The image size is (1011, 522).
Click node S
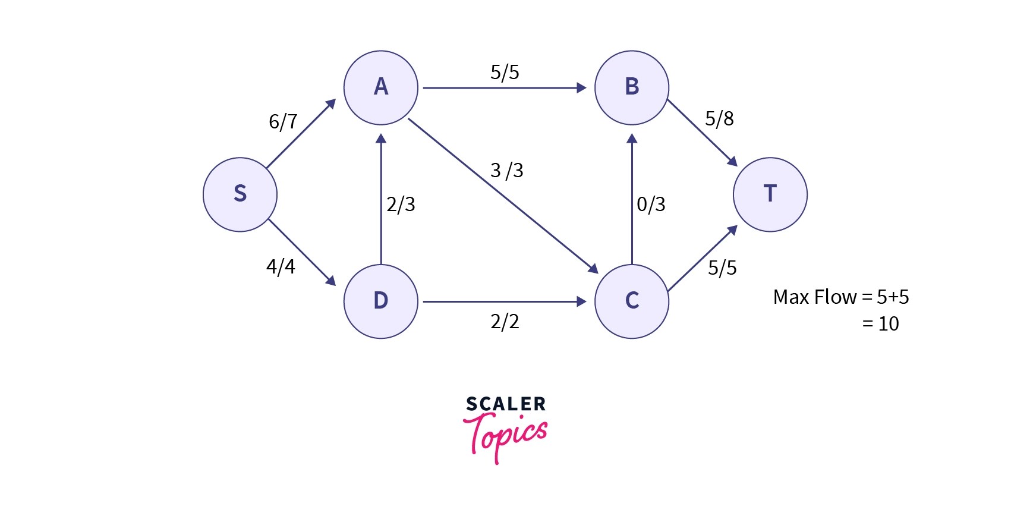(x=240, y=194)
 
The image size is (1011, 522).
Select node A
(x=381, y=88)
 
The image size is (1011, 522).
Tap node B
(x=632, y=88)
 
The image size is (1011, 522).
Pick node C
(x=632, y=301)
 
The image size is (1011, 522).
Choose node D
(x=381, y=301)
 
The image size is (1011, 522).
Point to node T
(x=770, y=194)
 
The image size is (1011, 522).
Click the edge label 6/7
(x=283, y=122)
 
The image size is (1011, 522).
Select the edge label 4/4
(x=281, y=267)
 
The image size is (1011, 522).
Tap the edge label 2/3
(x=401, y=205)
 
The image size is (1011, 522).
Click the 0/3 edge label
(x=651, y=205)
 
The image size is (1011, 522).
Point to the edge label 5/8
(x=719, y=119)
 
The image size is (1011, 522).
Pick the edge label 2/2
(x=505, y=322)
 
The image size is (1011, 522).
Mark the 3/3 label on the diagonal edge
(x=507, y=171)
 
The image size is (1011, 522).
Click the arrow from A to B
(x=504, y=88)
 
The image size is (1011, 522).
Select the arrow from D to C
(x=504, y=301)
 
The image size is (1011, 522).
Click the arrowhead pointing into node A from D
(x=381, y=139)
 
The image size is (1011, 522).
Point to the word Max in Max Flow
(x=789, y=297)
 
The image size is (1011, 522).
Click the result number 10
(x=889, y=324)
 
